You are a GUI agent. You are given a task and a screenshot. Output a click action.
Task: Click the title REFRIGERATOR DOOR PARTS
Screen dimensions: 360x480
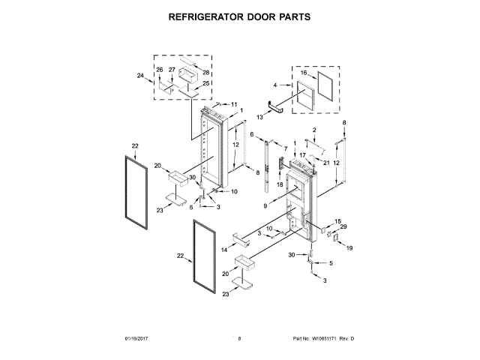point(239,16)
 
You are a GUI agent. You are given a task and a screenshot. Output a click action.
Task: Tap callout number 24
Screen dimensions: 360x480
point(140,76)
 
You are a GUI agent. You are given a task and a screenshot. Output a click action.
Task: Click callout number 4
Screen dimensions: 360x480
point(275,85)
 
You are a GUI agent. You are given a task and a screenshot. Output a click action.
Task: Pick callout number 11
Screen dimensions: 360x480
point(233,104)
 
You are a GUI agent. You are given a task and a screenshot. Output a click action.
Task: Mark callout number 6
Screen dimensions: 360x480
point(251,134)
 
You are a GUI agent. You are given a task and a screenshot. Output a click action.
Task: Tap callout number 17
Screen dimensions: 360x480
point(303,155)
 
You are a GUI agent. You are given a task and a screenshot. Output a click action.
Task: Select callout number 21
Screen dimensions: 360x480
point(326,163)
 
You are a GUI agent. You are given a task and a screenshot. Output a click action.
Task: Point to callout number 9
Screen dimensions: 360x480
point(265,205)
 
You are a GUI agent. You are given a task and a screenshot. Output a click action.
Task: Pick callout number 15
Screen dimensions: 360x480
point(337,221)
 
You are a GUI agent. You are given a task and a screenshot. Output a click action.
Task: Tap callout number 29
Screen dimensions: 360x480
point(343,227)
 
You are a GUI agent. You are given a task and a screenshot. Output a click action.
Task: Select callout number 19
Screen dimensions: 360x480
point(348,247)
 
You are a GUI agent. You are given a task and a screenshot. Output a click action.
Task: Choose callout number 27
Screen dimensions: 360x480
point(172,70)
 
